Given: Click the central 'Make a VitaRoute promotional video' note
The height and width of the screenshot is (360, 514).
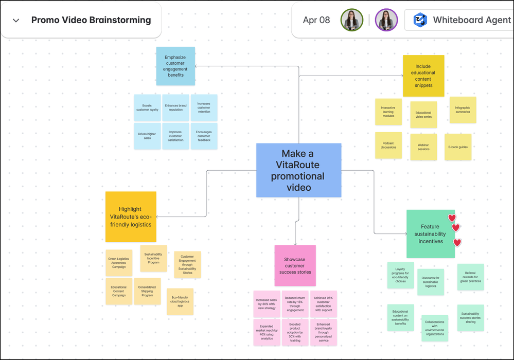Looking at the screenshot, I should (x=298, y=170).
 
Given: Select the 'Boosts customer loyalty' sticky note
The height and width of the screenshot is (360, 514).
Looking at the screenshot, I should (x=147, y=107).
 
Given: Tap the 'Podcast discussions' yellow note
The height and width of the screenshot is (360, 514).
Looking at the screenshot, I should (x=388, y=145).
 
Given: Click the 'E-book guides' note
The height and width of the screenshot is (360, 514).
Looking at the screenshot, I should (x=458, y=147).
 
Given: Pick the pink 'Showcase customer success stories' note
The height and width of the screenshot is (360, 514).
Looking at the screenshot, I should (x=295, y=265).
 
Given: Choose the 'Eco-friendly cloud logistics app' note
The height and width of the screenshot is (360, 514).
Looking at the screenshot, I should (x=180, y=301).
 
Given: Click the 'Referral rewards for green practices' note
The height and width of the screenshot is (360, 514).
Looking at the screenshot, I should (x=470, y=277).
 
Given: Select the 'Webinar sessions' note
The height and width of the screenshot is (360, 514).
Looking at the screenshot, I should (x=423, y=147).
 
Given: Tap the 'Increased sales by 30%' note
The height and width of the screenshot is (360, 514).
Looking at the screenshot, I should (x=267, y=304).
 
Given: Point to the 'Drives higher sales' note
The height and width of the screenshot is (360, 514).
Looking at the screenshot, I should (x=147, y=136).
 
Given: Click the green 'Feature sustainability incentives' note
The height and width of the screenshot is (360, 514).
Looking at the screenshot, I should (x=430, y=233).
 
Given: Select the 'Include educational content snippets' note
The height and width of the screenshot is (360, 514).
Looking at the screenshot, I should (x=423, y=76).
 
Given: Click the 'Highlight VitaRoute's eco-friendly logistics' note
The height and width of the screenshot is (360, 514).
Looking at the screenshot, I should (x=131, y=217).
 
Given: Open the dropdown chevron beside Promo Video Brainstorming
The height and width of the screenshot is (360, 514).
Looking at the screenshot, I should (x=16, y=21).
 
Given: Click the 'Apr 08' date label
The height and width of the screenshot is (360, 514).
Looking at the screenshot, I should (x=316, y=21).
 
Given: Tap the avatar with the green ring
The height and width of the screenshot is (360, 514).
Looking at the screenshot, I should (x=352, y=21).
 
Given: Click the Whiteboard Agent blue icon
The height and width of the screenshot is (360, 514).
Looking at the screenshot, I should (x=420, y=21).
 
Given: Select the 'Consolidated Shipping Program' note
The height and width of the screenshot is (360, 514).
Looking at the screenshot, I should (x=147, y=291).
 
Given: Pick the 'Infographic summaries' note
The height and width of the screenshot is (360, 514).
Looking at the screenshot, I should (x=462, y=110).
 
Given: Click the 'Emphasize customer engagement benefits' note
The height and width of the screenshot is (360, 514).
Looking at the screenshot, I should (x=175, y=66).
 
